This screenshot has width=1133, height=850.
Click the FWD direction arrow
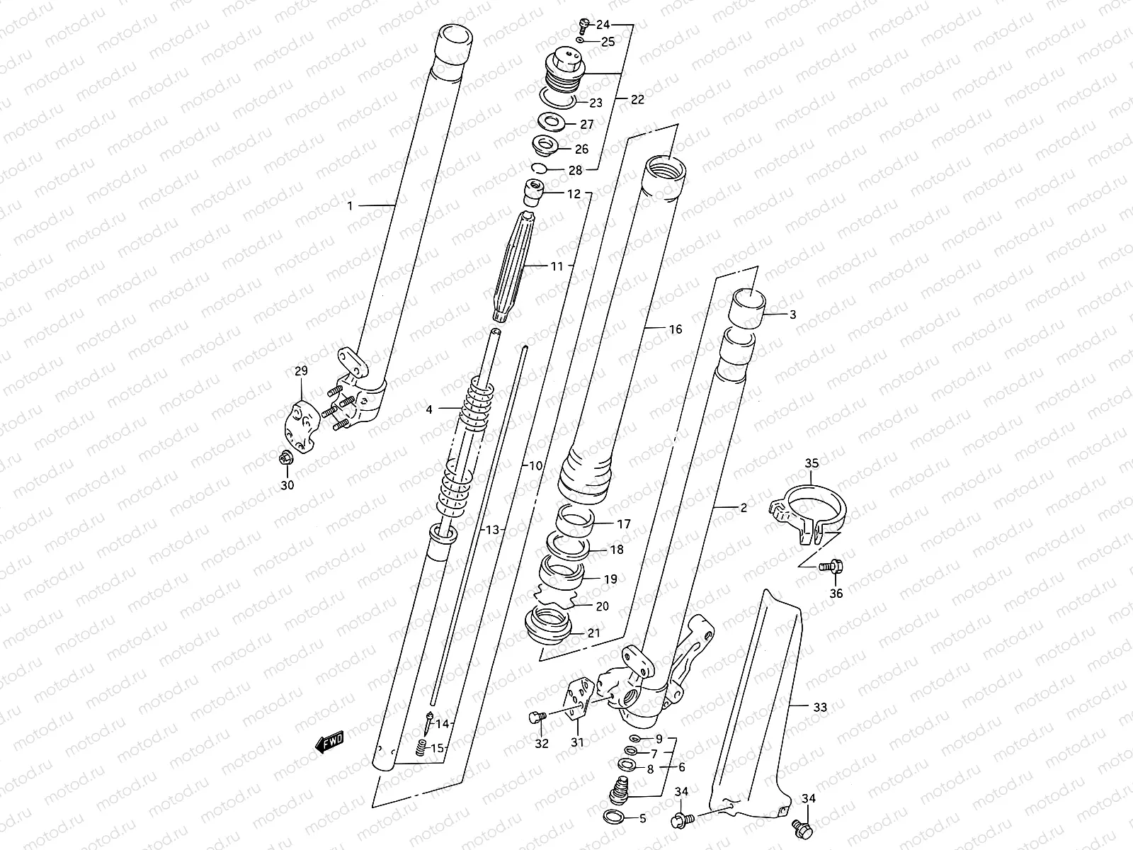click(x=329, y=742)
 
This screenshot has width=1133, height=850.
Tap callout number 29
click(x=301, y=370)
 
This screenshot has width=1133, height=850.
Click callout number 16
click(x=675, y=329)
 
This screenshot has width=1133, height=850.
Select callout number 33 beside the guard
click(x=819, y=707)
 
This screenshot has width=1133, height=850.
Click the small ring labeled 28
click(x=540, y=168)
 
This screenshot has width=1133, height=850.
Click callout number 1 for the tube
click(x=349, y=205)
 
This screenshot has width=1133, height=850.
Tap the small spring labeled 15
click(x=421, y=747)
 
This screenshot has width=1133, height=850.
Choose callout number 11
click(x=557, y=267)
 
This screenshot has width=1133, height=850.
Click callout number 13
click(x=492, y=530)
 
